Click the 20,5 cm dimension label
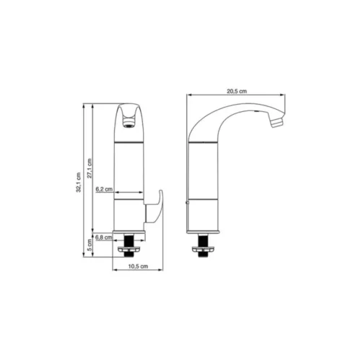coord(237,91)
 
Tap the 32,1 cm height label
coord(79,183)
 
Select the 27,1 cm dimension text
coord(90,168)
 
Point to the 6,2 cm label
coord(104,189)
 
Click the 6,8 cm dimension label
coord(104,238)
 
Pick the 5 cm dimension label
coord(90,245)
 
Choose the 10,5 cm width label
coord(138,266)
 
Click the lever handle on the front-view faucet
coord(154,206)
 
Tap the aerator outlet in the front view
coord(129,122)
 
